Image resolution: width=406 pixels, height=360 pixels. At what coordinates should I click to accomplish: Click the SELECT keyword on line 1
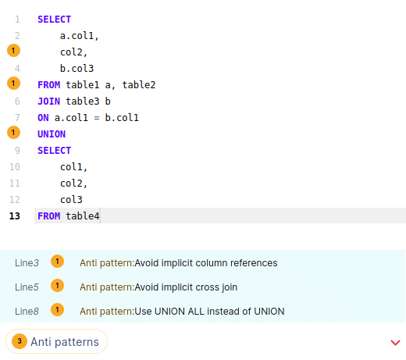[54, 20]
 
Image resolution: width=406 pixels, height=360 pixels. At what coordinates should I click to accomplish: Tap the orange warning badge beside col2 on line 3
[13, 51]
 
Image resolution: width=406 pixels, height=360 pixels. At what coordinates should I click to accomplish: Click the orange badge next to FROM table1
[13, 84]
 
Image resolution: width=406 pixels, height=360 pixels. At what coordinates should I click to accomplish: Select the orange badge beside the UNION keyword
[13, 133]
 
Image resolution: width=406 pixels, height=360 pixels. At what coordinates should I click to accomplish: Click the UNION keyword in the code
[52, 134]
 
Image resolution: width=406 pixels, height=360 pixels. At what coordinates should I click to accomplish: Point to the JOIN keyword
[48, 102]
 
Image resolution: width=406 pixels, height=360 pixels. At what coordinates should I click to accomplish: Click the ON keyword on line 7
[43, 118]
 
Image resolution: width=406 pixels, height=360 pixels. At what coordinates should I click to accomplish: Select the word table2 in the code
[139, 85]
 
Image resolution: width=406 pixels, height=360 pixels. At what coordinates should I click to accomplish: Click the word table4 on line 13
[83, 216]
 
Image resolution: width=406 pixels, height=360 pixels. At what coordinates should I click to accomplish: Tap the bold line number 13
[15, 216]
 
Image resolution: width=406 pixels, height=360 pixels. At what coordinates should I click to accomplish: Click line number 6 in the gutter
[17, 102]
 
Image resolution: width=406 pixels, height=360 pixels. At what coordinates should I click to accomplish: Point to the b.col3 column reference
[77, 69]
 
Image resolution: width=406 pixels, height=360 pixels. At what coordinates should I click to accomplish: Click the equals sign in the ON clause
[97, 118]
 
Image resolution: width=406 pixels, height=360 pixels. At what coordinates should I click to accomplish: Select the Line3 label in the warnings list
[27, 263]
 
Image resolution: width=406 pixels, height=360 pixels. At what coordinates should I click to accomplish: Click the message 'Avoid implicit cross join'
[186, 287]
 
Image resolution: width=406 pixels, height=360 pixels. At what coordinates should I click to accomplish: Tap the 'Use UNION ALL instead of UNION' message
[209, 312]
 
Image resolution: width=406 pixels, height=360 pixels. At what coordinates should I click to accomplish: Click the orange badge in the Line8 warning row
[57, 310]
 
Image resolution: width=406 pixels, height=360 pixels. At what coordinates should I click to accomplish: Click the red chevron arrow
[395, 343]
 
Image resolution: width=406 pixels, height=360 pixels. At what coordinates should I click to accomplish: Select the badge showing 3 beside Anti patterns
[20, 341]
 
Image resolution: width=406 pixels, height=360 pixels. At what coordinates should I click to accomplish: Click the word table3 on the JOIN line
[83, 102]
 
